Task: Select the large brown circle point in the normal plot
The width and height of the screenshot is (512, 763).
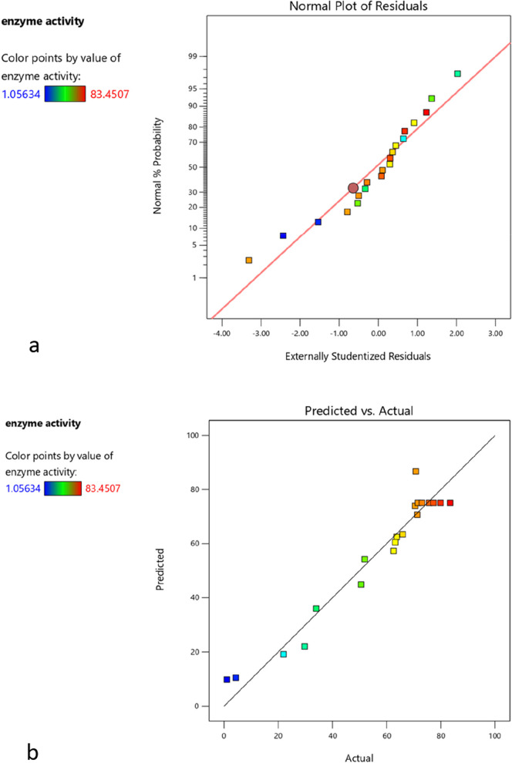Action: click(353, 188)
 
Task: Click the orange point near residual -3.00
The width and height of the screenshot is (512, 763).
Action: click(249, 260)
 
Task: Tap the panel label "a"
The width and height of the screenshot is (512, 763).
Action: click(33, 347)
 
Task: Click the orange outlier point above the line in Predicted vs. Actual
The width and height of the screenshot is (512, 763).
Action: click(416, 471)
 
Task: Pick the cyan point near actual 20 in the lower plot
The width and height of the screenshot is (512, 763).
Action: click(283, 654)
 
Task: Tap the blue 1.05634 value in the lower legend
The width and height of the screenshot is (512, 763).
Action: click(22, 488)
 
